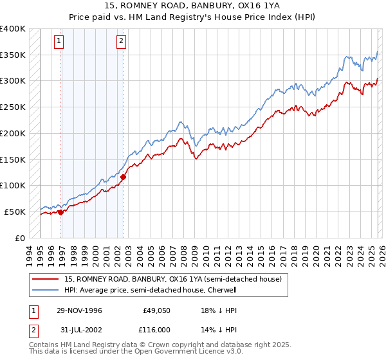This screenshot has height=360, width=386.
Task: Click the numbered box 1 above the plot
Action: [x=59, y=41]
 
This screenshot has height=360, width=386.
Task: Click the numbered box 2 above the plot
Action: [x=121, y=41]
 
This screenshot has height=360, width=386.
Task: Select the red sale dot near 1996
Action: [x=61, y=212]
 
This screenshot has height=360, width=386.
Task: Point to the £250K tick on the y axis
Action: [x=12, y=107]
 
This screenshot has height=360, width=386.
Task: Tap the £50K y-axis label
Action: [x=14, y=212]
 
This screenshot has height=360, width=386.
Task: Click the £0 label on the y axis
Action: [x=20, y=238]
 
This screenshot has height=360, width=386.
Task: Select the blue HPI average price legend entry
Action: [x=151, y=291]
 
